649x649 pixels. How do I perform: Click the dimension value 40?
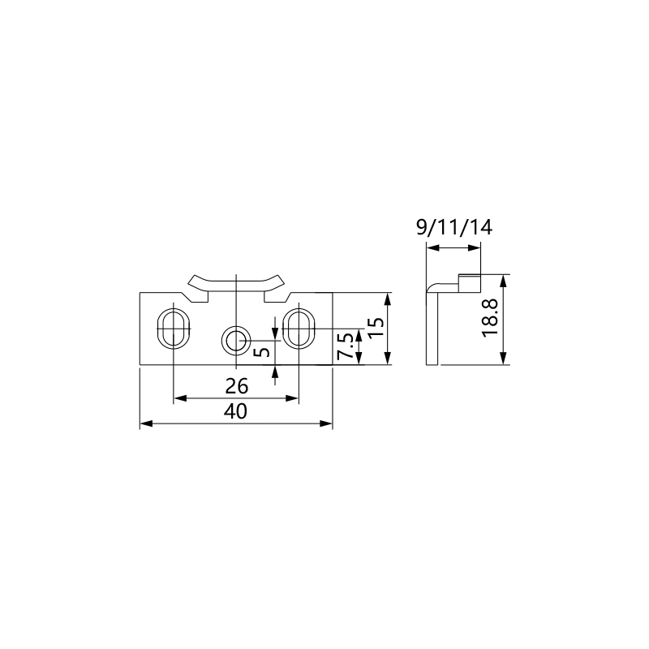click(x=235, y=411)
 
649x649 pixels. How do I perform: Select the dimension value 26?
click(x=236, y=387)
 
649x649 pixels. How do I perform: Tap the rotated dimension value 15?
click(x=376, y=328)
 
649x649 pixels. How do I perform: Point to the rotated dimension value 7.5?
click(x=345, y=346)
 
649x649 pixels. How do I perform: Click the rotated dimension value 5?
click(x=262, y=352)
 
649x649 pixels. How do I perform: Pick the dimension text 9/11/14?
click(x=454, y=228)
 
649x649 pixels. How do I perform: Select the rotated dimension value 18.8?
click(x=490, y=318)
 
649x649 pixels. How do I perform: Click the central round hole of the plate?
click(x=236, y=340)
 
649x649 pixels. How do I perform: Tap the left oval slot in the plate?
click(x=174, y=329)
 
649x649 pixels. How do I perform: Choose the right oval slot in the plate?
click(x=299, y=329)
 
